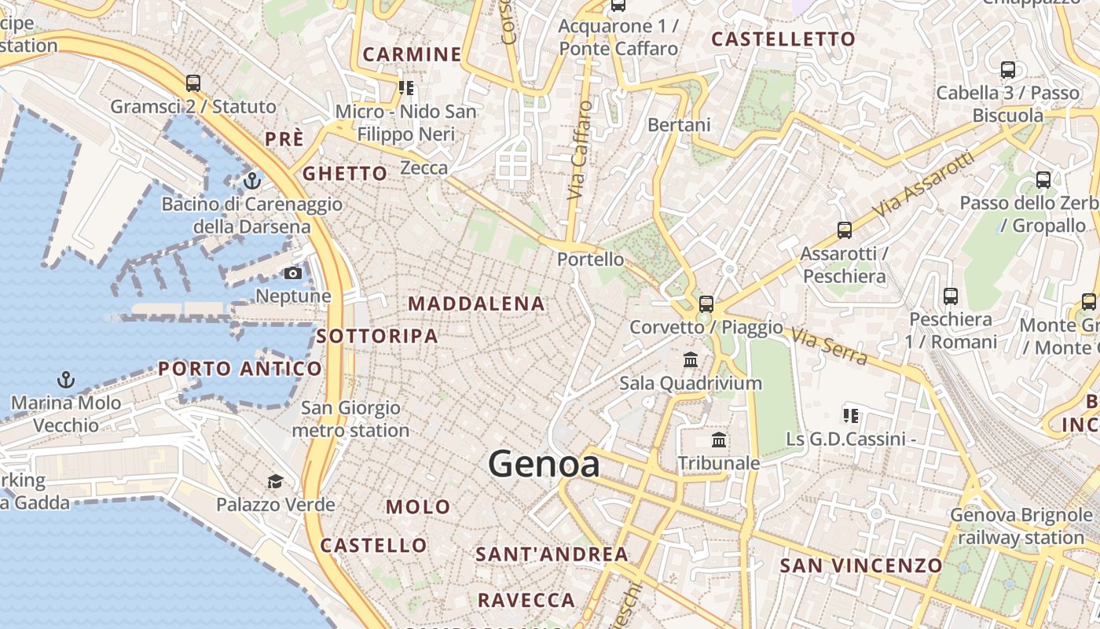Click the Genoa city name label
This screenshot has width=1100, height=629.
(x=544, y=464)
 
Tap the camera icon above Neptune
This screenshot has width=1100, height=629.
(x=292, y=273)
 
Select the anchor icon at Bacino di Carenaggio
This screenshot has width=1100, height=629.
(x=251, y=182)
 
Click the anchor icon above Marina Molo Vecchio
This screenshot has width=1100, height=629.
(x=66, y=381)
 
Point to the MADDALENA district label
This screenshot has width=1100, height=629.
(x=476, y=303)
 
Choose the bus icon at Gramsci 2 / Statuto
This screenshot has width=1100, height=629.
(x=192, y=83)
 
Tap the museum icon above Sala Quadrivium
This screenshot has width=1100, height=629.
(x=691, y=360)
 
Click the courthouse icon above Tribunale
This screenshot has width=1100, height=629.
(x=719, y=440)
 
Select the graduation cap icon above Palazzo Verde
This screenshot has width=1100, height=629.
(x=275, y=481)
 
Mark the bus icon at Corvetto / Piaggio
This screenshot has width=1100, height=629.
(x=706, y=303)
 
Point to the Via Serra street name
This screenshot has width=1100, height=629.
(x=830, y=347)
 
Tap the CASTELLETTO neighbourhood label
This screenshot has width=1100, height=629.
(x=783, y=39)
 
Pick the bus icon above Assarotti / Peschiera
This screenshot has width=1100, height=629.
(x=844, y=230)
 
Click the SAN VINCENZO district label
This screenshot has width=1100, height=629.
(x=860, y=565)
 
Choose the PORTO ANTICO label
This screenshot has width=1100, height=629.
(x=240, y=368)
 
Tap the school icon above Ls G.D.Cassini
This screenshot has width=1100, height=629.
(x=849, y=415)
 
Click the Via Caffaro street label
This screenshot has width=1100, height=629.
(x=579, y=149)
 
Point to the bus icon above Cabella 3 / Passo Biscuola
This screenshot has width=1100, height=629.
(x=1007, y=69)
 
